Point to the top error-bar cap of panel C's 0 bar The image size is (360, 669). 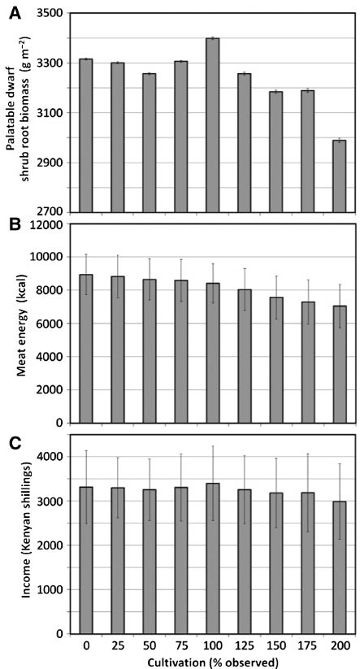85,451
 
